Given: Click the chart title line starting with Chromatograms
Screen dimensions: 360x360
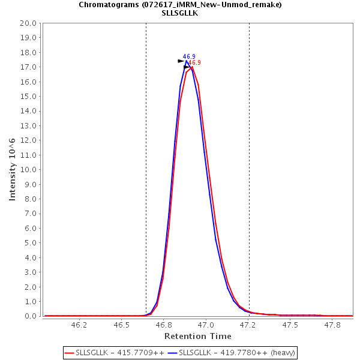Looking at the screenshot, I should coord(180,4).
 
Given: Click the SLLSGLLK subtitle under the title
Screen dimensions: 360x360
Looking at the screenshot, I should coord(180,13).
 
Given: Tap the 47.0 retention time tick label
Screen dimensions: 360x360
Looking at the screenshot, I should coord(206,325).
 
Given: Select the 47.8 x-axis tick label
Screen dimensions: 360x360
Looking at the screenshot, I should coord(333,325).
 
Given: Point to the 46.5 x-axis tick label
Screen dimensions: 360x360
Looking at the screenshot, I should coord(121,325).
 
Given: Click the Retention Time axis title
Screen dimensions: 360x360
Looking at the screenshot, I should coord(198,336).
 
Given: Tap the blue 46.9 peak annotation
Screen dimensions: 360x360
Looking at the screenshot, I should coord(189,56).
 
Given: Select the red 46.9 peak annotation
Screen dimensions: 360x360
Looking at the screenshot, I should coord(194,62).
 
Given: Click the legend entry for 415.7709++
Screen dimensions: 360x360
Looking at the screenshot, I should coord(113,352).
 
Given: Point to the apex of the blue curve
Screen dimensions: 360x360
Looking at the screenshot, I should coord(187,61).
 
